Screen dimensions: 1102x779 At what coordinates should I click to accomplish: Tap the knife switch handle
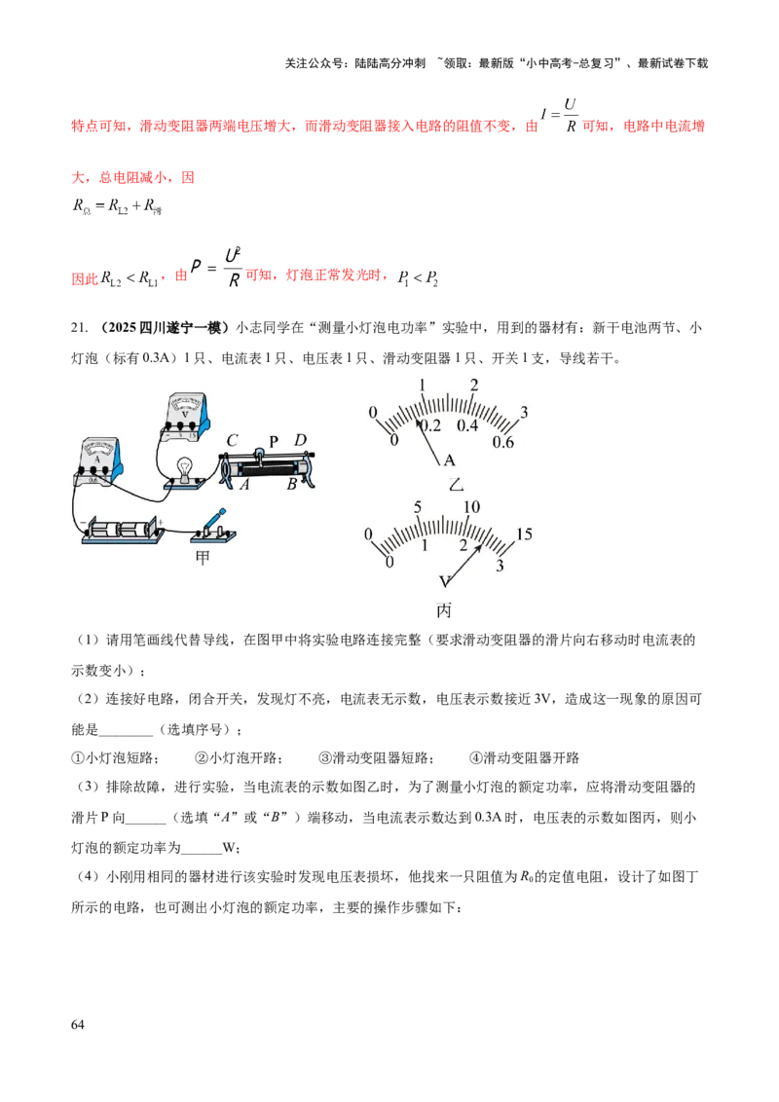click(218, 518)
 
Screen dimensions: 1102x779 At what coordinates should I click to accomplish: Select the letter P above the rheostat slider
click(274, 440)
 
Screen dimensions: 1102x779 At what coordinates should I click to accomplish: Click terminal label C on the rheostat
click(232, 441)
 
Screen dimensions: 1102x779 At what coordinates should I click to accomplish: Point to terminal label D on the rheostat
click(301, 441)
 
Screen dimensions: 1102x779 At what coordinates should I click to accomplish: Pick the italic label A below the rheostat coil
click(243, 484)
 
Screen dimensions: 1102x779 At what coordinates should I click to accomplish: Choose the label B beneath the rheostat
click(290, 485)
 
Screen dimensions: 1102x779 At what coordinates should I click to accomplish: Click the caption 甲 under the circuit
click(204, 558)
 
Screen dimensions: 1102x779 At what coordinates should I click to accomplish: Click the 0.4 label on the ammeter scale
click(467, 426)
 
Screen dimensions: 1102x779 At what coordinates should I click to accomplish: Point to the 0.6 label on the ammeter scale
click(503, 442)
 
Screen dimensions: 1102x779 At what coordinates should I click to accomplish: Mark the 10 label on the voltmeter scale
click(472, 507)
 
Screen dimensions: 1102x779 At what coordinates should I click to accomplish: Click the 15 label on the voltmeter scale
click(524, 533)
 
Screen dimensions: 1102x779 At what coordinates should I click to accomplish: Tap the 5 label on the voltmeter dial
click(418, 507)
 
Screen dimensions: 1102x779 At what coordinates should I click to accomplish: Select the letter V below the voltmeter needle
click(445, 581)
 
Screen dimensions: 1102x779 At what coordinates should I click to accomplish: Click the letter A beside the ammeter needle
click(449, 460)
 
